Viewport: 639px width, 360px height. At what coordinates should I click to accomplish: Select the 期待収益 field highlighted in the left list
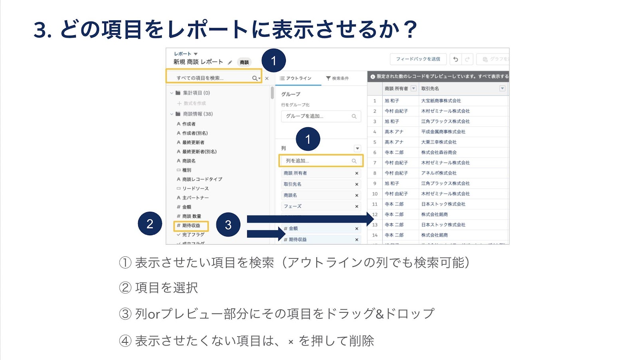pos(191,226)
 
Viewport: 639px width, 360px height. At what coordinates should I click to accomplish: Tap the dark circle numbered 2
pos(150,223)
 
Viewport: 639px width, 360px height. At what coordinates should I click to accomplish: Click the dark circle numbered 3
pos(228,225)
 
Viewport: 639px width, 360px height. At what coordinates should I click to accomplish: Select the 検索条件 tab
pos(337,78)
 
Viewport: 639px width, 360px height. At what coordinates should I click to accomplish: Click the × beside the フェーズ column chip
pos(357,207)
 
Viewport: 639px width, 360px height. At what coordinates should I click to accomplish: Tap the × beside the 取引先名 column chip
pos(357,185)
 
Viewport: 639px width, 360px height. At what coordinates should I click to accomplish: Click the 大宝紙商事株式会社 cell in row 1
pos(441,101)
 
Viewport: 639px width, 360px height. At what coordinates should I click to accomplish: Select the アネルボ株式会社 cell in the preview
pos(439,173)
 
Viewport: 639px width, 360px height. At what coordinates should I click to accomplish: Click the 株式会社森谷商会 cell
pos(439,152)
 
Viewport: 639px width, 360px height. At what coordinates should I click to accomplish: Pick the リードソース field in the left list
pos(195,189)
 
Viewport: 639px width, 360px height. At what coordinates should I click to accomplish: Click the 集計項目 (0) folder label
pos(196,93)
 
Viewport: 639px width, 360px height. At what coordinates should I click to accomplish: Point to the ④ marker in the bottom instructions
pos(125,341)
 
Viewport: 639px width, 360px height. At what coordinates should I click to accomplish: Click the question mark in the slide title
pos(410,30)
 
